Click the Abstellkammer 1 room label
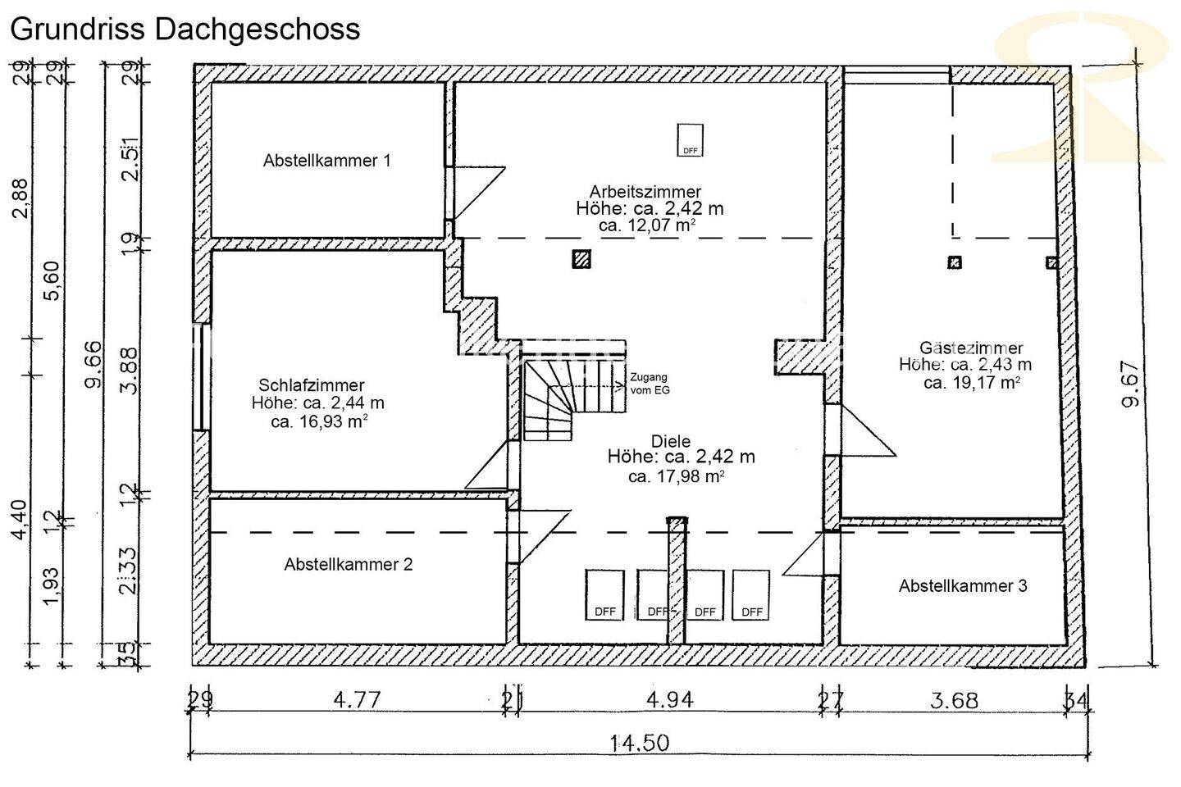click(x=326, y=161)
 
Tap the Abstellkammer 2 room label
click(x=348, y=565)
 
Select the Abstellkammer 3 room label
click(x=963, y=586)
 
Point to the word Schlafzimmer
click(x=312, y=385)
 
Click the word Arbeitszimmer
click(x=645, y=192)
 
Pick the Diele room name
click(x=671, y=441)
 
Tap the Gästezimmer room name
click(x=971, y=348)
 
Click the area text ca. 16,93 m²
click(x=319, y=422)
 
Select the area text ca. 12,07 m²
click(x=648, y=225)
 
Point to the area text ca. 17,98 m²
click(x=677, y=475)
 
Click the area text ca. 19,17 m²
click(x=972, y=382)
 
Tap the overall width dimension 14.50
click(x=639, y=744)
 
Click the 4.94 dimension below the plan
click(x=670, y=700)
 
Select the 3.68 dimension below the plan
click(x=955, y=701)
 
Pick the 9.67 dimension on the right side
click(x=1131, y=384)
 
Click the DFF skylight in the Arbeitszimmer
click(x=691, y=140)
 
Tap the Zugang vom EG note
click(x=650, y=384)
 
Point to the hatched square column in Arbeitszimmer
click(x=581, y=259)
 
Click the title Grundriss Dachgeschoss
click(x=185, y=29)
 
